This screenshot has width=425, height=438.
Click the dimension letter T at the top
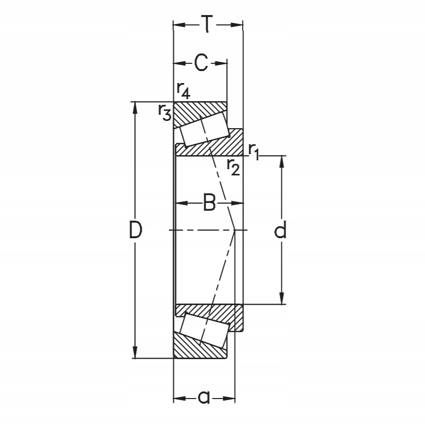207,24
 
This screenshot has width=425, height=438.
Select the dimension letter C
201,63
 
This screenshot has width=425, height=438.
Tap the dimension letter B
209,203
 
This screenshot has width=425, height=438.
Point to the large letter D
135,230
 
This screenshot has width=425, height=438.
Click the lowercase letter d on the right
280,230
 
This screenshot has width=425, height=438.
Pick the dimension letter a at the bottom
204,398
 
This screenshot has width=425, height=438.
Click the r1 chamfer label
253,150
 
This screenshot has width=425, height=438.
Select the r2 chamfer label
233,167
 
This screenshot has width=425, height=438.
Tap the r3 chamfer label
165,112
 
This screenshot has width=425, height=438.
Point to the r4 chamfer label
183,91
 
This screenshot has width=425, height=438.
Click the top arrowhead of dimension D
135,106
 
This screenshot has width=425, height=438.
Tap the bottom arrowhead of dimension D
135,353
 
